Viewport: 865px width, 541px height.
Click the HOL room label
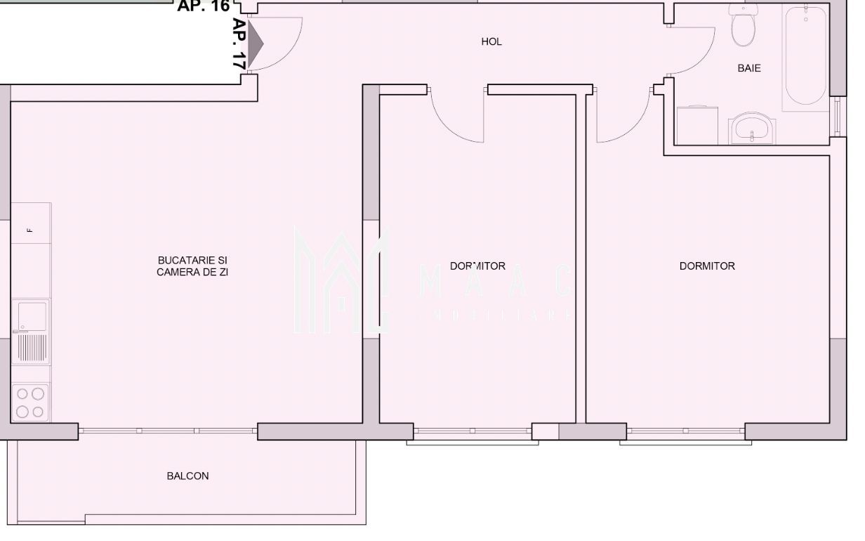coord(491,42)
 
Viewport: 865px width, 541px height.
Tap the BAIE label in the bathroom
coord(749,69)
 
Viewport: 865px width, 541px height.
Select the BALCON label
coord(187,476)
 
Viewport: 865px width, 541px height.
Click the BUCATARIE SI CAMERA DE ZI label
coord(192,266)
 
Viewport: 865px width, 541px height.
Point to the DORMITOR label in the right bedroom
coord(707,266)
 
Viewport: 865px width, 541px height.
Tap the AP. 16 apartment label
coord(204,6)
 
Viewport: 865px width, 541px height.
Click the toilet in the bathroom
coord(743,25)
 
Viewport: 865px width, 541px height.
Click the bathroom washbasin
coord(753,129)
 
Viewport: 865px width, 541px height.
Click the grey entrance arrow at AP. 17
coord(256,44)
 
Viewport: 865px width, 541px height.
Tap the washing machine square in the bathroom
coord(698,125)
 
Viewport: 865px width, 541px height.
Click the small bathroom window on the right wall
coord(836,117)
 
